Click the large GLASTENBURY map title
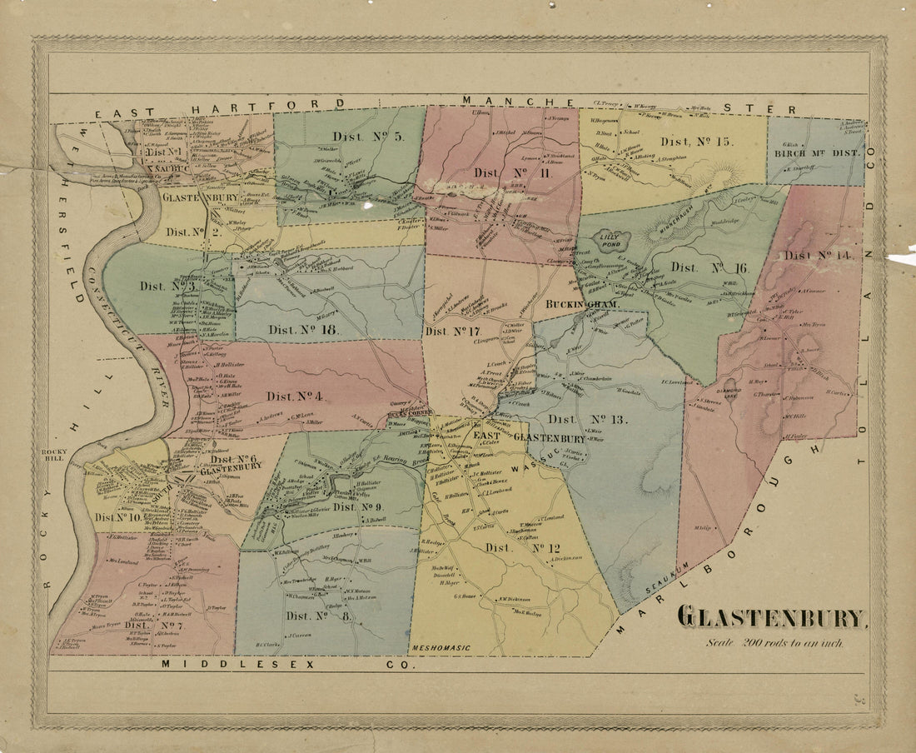[771, 618]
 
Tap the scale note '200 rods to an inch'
[774, 642]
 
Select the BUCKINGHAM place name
[582, 306]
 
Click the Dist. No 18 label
[305, 330]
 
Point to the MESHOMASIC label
[440, 648]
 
